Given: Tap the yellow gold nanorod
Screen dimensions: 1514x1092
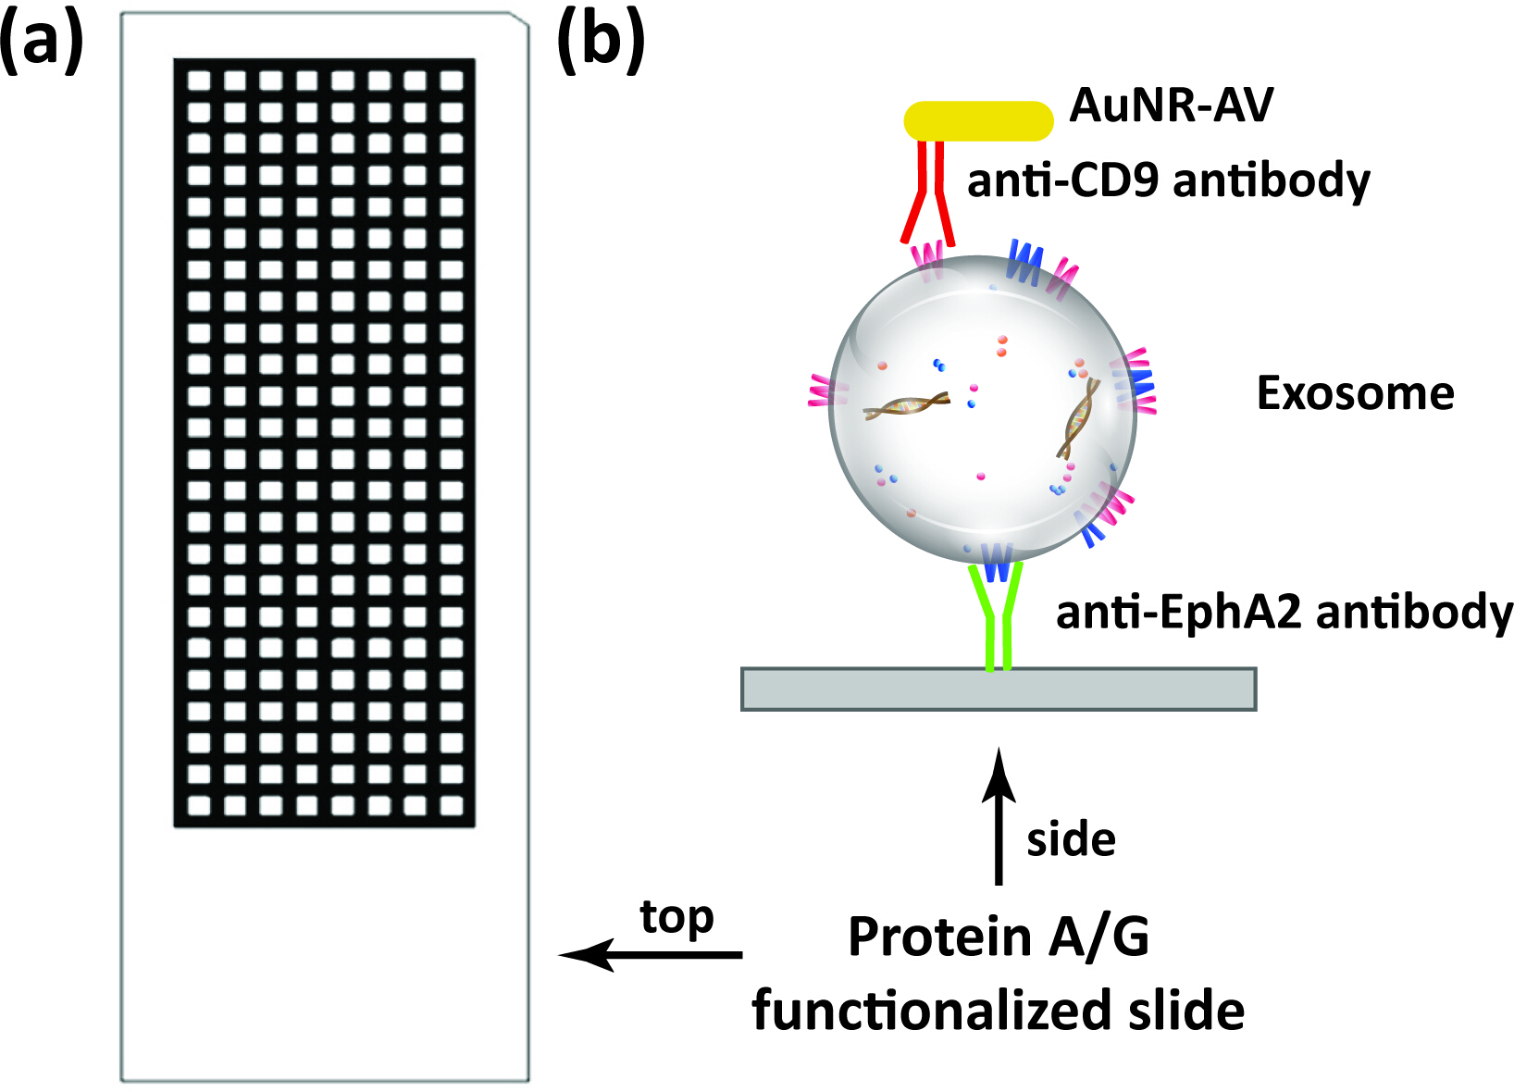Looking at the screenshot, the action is pyautogui.click(x=978, y=121).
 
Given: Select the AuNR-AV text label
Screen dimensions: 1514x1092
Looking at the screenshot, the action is pyautogui.click(x=1171, y=106).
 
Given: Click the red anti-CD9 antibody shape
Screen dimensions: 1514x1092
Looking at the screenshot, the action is pyautogui.click(x=927, y=192).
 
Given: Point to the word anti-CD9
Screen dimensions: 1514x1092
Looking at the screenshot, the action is pyautogui.click(x=1063, y=181).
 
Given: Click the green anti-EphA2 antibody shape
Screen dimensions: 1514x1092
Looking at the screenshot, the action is pyautogui.click(x=996, y=616).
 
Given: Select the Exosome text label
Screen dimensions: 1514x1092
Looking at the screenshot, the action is pyautogui.click(x=1355, y=393).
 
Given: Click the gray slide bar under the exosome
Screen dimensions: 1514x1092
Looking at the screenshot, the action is pyautogui.click(x=999, y=689).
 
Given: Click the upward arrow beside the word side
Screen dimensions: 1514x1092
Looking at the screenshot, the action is pyautogui.click(x=999, y=815).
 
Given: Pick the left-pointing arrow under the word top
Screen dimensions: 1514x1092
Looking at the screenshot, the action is pyautogui.click(x=651, y=955).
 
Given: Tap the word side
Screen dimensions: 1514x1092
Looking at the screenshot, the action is pyautogui.click(x=1071, y=840).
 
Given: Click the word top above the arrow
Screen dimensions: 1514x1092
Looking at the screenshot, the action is pyautogui.click(x=676, y=919).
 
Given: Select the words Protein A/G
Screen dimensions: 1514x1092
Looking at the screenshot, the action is pyautogui.click(x=999, y=937).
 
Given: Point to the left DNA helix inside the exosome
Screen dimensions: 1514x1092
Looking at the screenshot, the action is pyautogui.click(x=907, y=407).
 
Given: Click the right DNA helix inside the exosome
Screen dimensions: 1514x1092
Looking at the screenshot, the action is pyautogui.click(x=1077, y=418).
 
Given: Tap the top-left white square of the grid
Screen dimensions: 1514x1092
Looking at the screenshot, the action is pyautogui.click(x=199, y=81).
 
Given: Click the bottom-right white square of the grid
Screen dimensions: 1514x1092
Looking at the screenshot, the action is pyautogui.click(x=451, y=805).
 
